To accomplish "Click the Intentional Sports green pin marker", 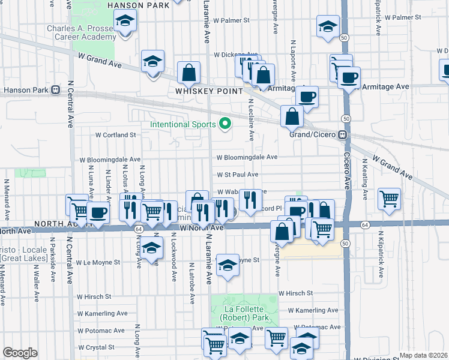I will click(225, 124).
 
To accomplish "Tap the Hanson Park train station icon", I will click(56, 91).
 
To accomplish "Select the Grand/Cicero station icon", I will click(342, 134).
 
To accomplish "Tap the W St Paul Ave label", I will click(238, 175).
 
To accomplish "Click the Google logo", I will click(20, 353).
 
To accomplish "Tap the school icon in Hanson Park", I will click(125, 23).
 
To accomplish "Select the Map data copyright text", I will click(423, 355).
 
